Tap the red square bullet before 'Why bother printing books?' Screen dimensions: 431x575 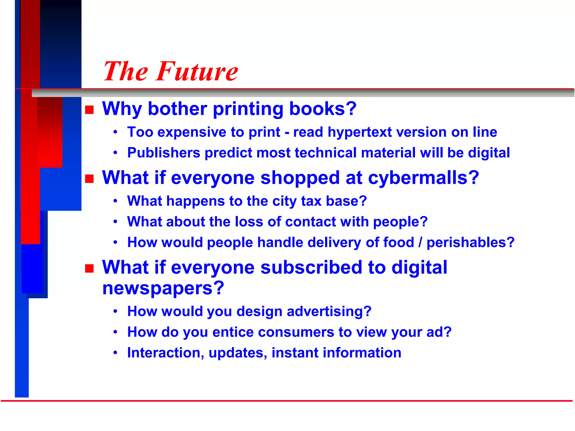[89, 110]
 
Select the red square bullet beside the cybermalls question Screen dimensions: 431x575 [89, 179]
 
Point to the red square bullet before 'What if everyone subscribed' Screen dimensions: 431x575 [89, 269]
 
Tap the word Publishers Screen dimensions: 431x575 [164, 153]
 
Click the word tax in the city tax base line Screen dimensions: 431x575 [311, 201]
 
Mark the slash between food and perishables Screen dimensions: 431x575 [420, 242]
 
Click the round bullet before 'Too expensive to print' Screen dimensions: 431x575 [115, 132]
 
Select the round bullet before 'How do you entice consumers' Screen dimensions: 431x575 [115, 332]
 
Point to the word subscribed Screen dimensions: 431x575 [311, 268]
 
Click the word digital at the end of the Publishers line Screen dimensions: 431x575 [489, 153]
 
